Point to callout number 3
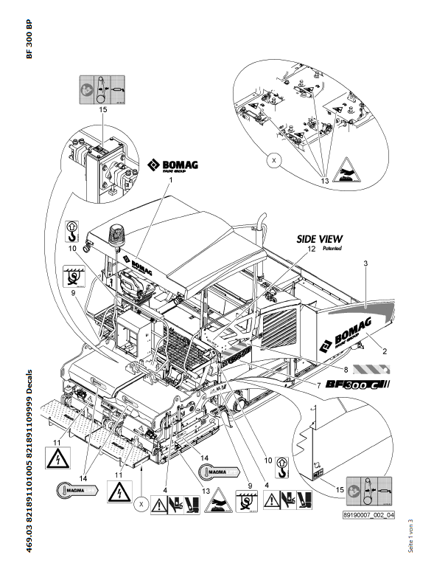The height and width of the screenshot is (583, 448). [x=365, y=263]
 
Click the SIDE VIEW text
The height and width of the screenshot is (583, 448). [x=319, y=238]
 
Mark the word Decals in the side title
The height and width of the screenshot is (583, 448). [x=29, y=383]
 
